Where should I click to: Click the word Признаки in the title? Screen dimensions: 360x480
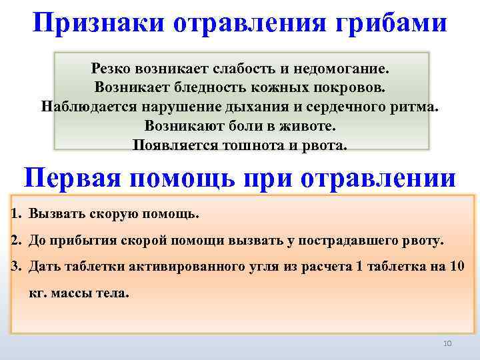tap(98, 25)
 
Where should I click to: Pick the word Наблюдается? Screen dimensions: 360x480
tap(83, 107)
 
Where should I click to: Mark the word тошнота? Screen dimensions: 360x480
tap(235, 145)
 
